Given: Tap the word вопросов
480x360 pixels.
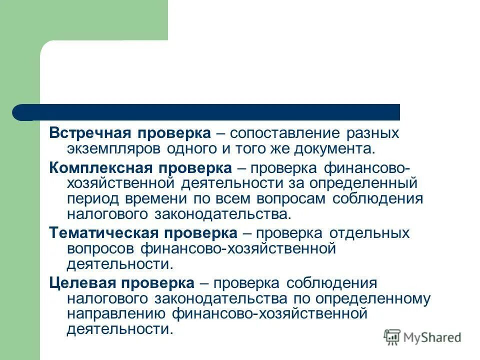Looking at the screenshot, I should coord(100,248).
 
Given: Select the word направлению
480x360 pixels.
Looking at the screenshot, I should coord(115,314).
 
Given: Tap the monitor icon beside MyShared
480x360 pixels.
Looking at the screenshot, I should coord(392,337).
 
